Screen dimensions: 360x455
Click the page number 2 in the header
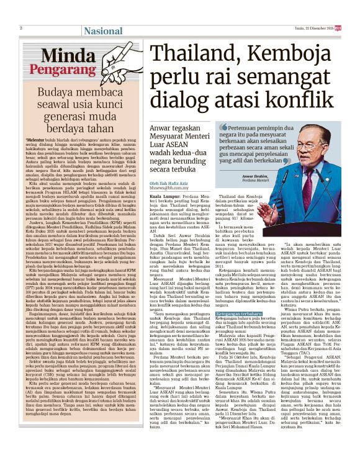click(x=21, y=27)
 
